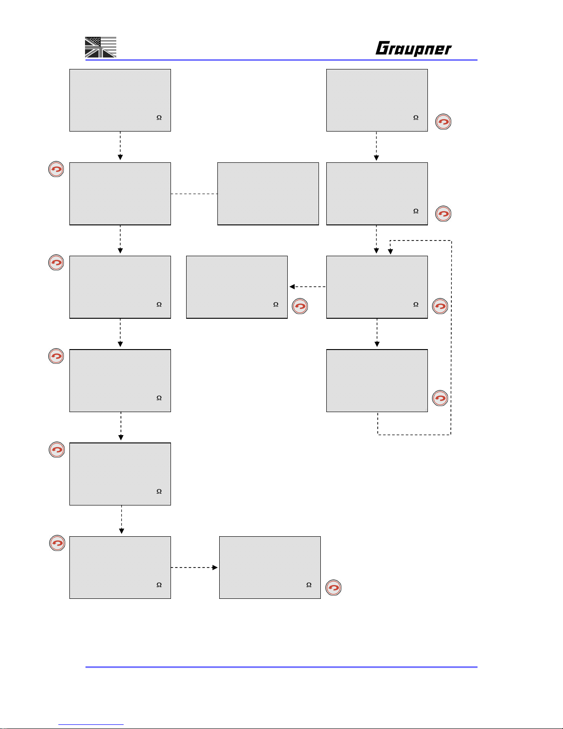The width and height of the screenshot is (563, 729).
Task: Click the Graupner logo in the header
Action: [413, 48]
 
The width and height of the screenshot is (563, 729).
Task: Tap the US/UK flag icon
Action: [101, 47]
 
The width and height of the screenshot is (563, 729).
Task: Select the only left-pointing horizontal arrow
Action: [307, 287]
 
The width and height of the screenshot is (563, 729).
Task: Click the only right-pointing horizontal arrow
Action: [194, 568]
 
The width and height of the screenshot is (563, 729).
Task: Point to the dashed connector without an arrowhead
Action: [194, 194]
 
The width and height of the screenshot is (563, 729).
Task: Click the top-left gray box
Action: [120, 100]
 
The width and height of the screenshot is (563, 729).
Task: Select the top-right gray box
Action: [377, 100]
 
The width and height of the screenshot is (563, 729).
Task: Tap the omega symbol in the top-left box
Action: [159, 118]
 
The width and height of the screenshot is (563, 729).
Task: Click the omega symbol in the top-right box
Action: [416, 118]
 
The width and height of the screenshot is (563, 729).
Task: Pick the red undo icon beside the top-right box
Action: [444, 122]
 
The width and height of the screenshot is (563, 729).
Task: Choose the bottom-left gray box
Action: [120, 568]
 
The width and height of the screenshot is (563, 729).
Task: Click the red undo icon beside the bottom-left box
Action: [57, 543]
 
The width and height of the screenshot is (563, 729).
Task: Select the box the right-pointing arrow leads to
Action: [270, 568]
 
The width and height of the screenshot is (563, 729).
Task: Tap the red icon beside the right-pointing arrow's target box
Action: [334, 588]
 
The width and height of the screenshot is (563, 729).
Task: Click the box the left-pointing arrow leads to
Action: [237, 287]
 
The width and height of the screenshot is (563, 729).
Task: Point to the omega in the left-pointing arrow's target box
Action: [276, 304]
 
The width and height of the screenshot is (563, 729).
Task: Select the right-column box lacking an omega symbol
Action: [377, 380]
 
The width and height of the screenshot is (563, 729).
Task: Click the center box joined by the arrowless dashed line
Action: [268, 194]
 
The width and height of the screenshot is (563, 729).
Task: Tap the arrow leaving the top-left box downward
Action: [120, 146]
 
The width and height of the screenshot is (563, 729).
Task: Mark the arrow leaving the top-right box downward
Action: [376, 146]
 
